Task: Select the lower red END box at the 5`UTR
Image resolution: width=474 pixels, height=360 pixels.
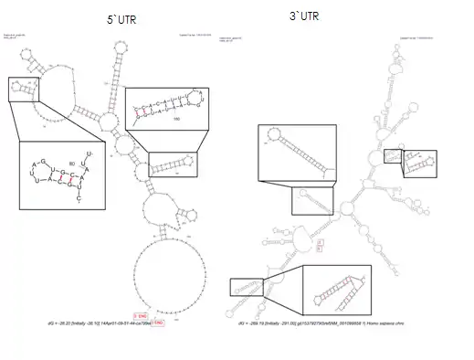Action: [x=157, y=323]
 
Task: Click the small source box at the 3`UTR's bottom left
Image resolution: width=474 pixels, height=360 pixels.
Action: [x=246, y=288]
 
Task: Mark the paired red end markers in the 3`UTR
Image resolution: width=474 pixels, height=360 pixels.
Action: [x=320, y=244]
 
